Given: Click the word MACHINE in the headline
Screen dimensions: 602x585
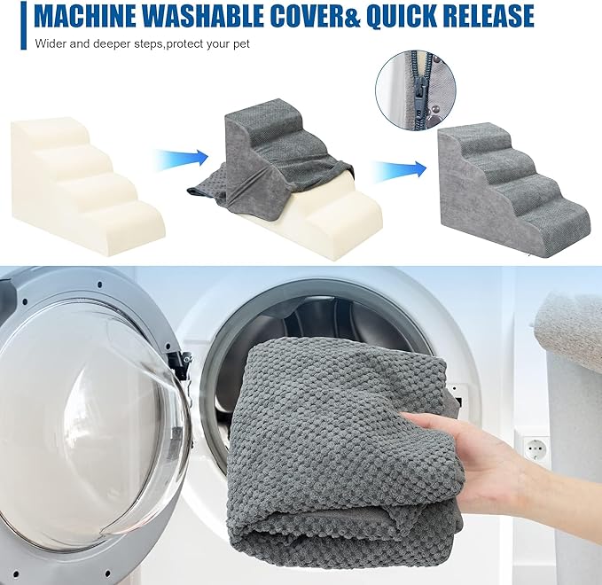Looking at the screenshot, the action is pyautogui.click(x=84, y=16).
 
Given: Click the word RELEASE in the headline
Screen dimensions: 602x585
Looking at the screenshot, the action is pyautogui.click(x=490, y=16).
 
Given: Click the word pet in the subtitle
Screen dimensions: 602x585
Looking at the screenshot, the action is pyautogui.click(x=241, y=44).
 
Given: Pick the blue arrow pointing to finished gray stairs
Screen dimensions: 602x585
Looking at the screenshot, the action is pyautogui.click(x=401, y=169).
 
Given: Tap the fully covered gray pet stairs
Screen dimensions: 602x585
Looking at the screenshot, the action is pyautogui.click(x=514, y=188).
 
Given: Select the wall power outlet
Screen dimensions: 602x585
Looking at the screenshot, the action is pyautogui.click(x=537, y=448).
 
